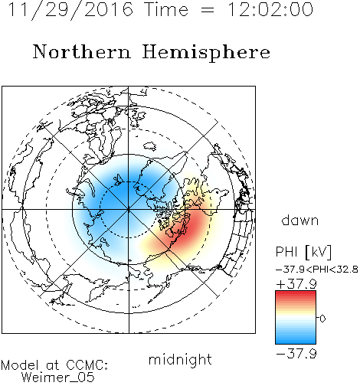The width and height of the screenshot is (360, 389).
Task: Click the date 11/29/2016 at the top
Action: coord(70,9)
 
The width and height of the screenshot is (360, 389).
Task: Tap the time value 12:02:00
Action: coord(270,9)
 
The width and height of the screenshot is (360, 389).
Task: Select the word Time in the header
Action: coord(166,9)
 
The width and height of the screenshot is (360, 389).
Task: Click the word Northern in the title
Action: coord(82,51)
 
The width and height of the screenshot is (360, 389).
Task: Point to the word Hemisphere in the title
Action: coord(206,52)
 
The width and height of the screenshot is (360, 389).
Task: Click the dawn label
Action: coord(300,221)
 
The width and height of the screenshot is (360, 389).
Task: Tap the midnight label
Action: coord(180,359)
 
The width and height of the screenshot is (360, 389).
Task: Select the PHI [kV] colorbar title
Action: coord(303,252)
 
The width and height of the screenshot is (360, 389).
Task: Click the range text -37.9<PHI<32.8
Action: coord(317,270)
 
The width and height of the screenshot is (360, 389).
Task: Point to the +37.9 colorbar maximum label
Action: coord(296,284)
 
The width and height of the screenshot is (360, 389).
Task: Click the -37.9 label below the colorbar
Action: coord(296,354)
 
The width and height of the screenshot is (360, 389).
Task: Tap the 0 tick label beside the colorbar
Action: coord(322,319)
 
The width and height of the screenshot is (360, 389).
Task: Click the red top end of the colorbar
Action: coord(296,293)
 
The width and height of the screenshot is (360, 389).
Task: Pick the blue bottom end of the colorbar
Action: coord(296,342)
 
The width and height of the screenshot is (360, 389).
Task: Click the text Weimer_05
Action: coord(58,378)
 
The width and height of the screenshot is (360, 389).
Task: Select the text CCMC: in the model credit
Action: coord(87,365)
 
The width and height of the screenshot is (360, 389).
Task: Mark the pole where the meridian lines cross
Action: coord(129,210)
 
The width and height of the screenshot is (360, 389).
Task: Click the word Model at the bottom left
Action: coord(20,365)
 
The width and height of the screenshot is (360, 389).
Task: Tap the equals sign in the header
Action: coord(208,10)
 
